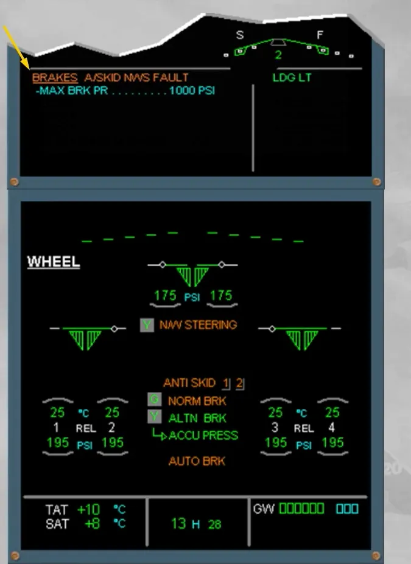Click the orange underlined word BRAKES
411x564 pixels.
tap(55, 78)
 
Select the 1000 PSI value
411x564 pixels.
tap(192, 90)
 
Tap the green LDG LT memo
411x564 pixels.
tap(292, 78)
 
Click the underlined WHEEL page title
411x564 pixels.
tap(54, 262)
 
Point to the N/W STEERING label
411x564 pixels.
tap(198, 325)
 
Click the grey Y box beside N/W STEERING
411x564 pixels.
tap(147, 325)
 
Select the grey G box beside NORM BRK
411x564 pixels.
tap(154, 400)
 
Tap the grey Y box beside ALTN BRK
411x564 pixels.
tap(154, 417)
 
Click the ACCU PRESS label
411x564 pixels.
tap(203, 435)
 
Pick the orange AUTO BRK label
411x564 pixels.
tap(197, 461)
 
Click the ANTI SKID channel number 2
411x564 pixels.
tap(239, 383)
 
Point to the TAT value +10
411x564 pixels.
tap(88, 510)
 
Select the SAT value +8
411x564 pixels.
tap(92, 524)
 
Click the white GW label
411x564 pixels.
tap(264, 509)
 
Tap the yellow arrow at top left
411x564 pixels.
tap(16, 47)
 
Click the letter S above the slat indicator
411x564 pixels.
tap(240, 35)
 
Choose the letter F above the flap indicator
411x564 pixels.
tap(320, 35)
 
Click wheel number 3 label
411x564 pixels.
tap(275, 427)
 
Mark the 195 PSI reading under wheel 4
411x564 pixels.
tap(332, 443)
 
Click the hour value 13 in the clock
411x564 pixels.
tap(179, 524)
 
